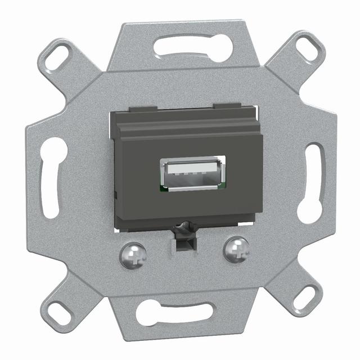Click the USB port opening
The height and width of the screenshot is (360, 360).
click(192, 174)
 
